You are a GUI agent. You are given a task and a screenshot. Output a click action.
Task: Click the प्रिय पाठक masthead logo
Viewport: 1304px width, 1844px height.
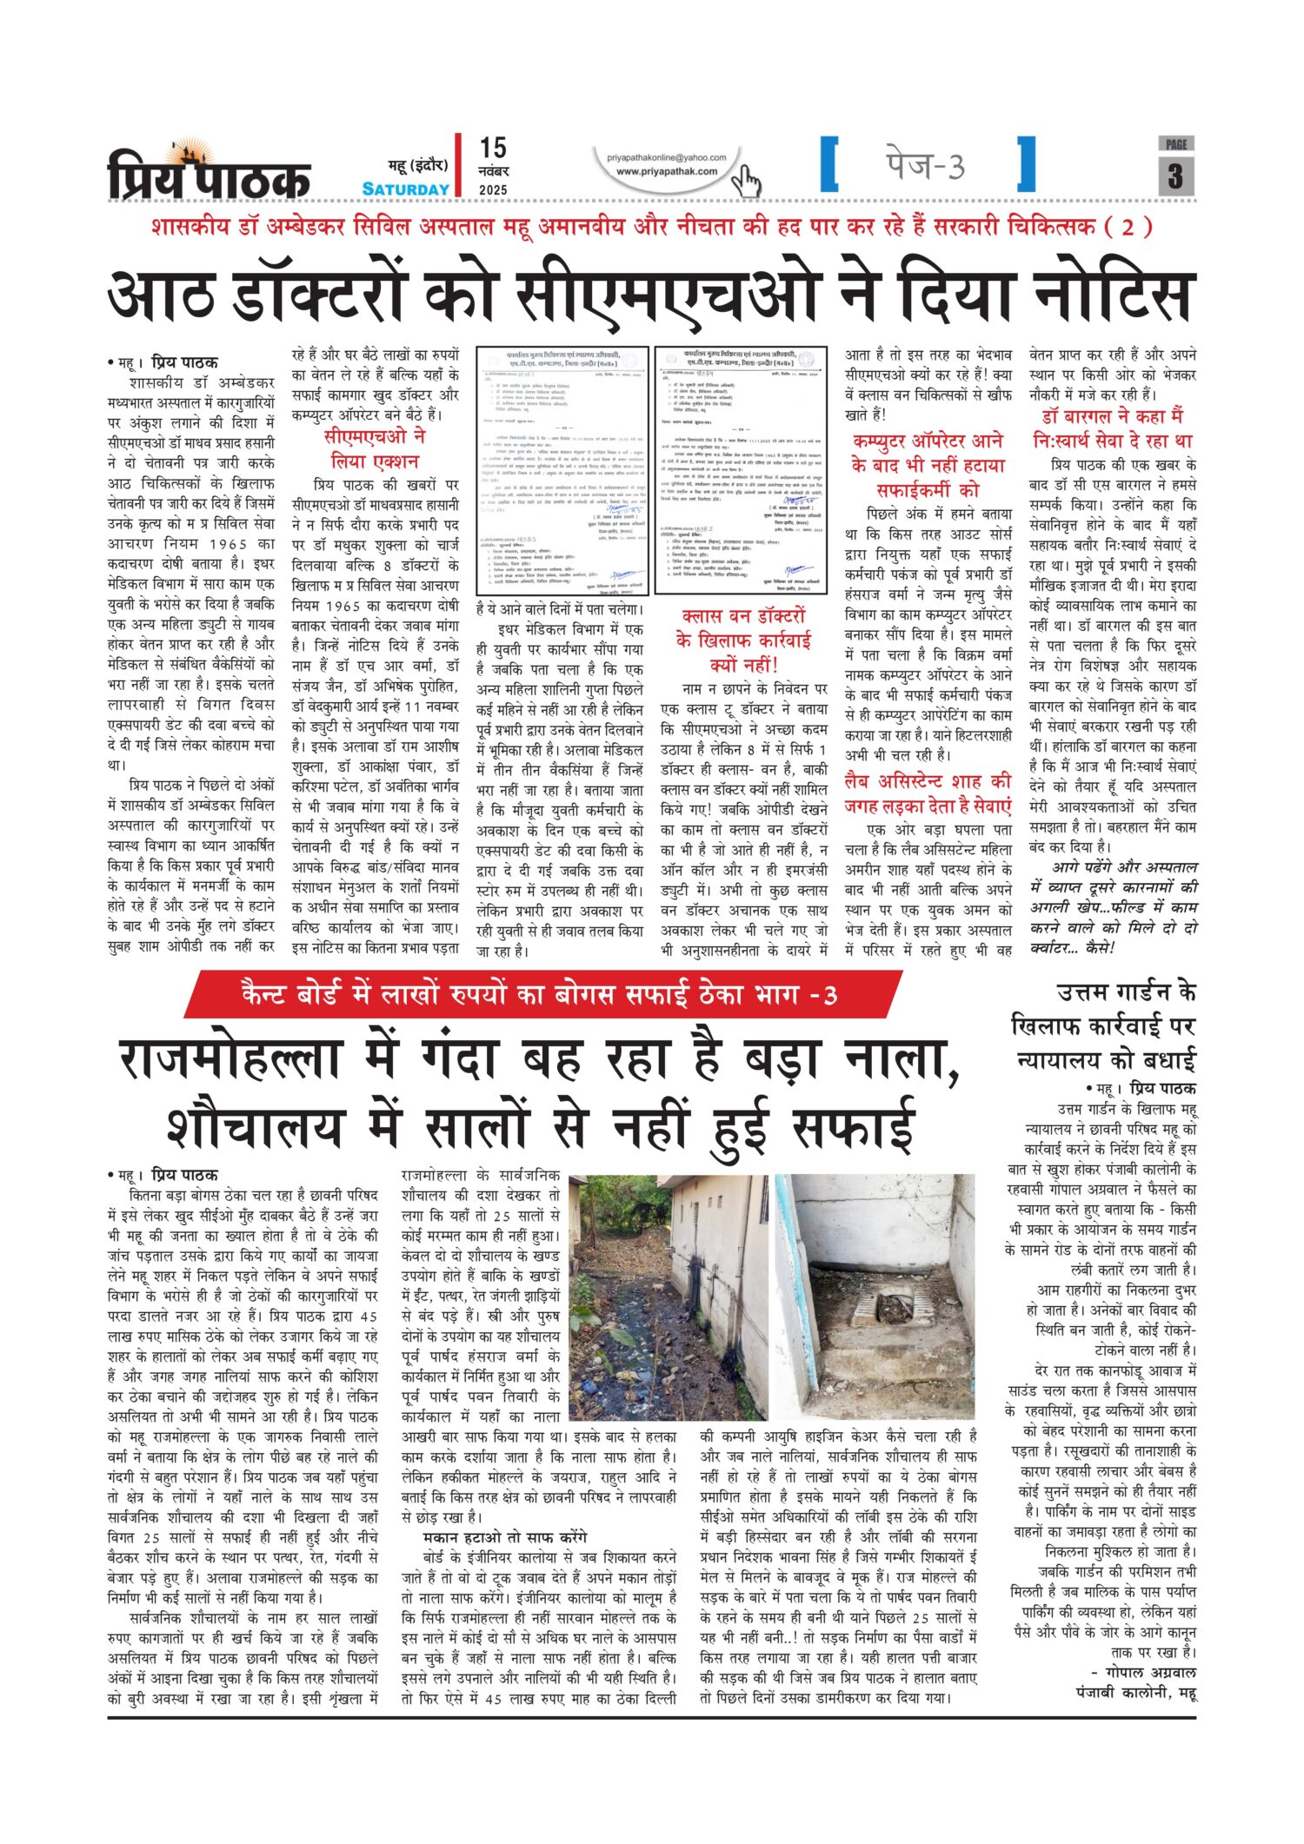pyautogui.click(x=209, y=173)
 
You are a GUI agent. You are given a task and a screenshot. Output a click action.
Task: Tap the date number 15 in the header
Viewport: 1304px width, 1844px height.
pyautogui.click(x=493, y=148)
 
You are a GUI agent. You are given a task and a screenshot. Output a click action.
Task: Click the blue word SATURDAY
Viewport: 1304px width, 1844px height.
pyautogui.click(x=406, y=189)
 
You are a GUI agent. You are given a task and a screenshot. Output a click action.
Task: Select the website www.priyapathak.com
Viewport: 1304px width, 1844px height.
pyautogui.click(x=667, y=171)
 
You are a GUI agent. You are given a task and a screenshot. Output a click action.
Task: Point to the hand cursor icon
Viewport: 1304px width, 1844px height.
pyautogui.click(x=746, y=182)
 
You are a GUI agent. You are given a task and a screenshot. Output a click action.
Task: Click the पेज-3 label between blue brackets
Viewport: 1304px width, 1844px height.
pyautogui.click(x=925, y=164)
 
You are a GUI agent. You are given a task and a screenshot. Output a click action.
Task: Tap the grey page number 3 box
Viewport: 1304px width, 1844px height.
pyautogui.click(x=1175, y=176)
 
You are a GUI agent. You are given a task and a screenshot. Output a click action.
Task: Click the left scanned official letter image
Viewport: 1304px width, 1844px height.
pyautogui.click(x=562, y=470)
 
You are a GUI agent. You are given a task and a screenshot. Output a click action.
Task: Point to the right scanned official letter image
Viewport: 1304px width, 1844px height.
pyautogui.click(x=742, y=470)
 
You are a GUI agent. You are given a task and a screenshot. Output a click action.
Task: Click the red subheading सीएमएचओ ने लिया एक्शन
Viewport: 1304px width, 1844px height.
pyautogui.click(x=375, y=448)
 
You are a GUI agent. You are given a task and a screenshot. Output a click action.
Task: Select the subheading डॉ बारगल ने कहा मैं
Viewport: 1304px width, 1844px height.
pyautogui.click(x=1112, y=416)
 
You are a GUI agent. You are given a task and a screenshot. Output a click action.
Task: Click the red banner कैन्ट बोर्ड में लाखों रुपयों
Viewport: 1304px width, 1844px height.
pyautogui.click(x=539, y=994)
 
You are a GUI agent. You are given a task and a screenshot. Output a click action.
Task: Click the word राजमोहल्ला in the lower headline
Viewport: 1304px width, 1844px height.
pyautogui.click(x=257, y=1061)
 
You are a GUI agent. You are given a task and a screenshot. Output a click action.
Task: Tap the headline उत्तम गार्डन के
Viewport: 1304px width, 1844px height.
pyautogui.click(x=1126, y=992)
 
